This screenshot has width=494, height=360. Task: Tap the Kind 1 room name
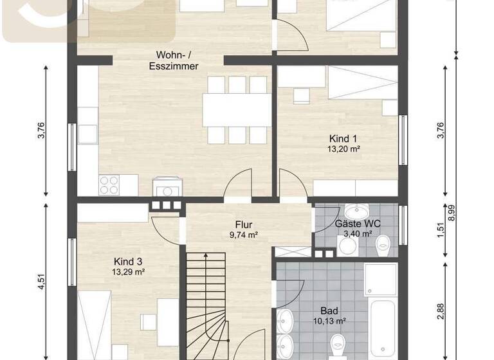tap(343, 139)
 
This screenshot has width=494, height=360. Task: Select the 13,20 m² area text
tap(343, 149)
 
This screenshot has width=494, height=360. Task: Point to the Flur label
tap(244, 225)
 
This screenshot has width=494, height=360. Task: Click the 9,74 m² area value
tap(244, 235)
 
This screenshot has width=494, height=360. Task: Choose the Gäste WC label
tap(358, 224)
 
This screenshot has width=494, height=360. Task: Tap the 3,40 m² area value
tap(358, 234)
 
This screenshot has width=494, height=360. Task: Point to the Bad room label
tap(329, 310)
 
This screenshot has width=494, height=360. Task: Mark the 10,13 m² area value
tap(329, 321)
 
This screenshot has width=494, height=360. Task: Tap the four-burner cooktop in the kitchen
tap(109, 185)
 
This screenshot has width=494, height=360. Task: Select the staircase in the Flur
tap(207, 296)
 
